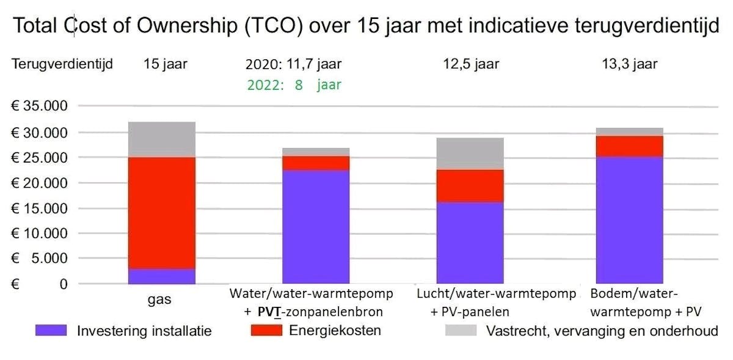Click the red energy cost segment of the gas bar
pyautogui.click(x=162, y=213)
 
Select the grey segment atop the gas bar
pyautogui.click(x=162, y=139)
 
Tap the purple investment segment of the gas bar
pyautogui.click(x=162, y=276)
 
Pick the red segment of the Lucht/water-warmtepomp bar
pyautogui.click(x=469, y=186)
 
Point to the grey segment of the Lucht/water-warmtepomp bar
pyautogui.click(x=469, y=153)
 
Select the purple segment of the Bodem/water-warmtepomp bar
pyautogui.click(x=629, y=220)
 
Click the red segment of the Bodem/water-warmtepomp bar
pyautogui.click(x=629, y=146)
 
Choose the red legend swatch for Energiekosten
pyautogui.click(x=266, y=331)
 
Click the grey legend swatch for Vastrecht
pyautogui.click(x=461, y=331)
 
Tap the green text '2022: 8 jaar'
pyautogui.click(x=294, y=85)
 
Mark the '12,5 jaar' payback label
pyautogui.click(x=472, y=64)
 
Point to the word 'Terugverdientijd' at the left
pyautogui.click(x=62, y=64)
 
